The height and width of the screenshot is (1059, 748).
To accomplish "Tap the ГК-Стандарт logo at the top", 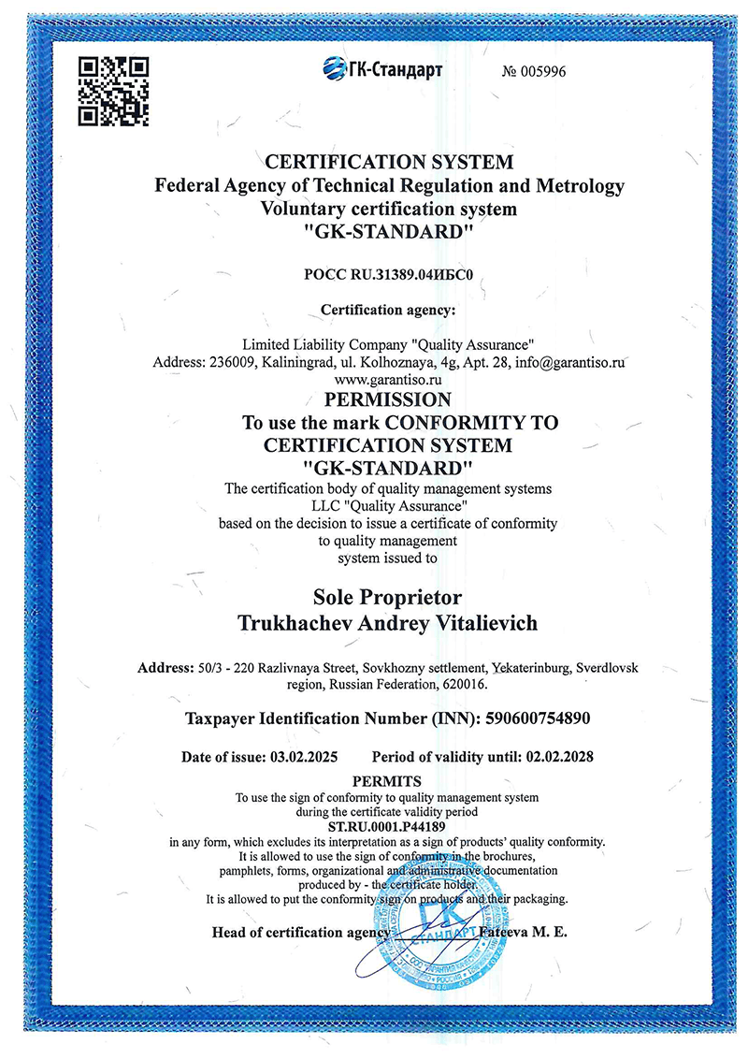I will click(x=382, y=67).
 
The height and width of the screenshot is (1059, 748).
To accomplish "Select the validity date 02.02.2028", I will click(x=560, y=756).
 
